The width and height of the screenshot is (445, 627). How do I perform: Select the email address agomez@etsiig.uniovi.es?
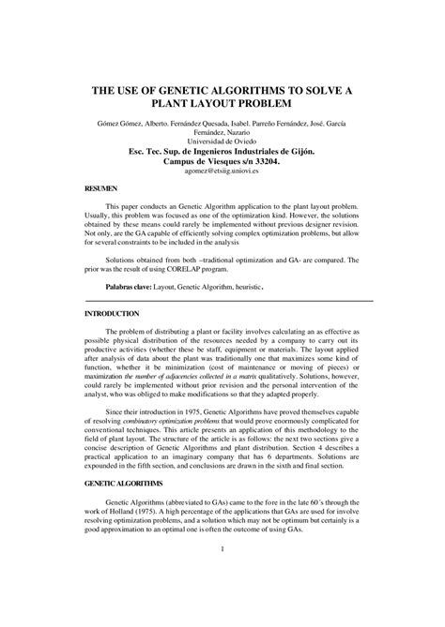(x=222, y=172)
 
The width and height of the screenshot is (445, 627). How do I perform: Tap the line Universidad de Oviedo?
(x=222, y=141)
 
